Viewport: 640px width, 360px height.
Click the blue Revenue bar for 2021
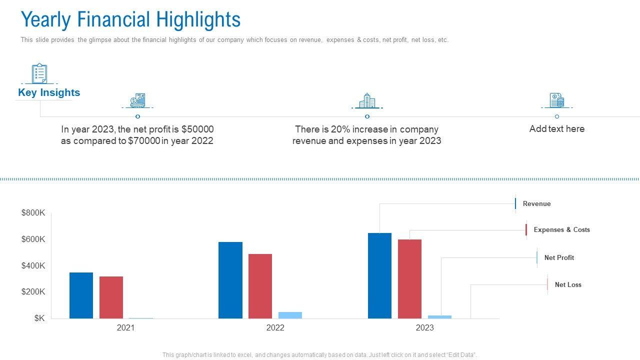81,295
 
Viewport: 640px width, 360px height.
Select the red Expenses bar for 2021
111,297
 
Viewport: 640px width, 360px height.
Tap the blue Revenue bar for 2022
230,280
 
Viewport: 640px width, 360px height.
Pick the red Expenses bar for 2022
260,286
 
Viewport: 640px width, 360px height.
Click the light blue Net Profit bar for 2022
290,315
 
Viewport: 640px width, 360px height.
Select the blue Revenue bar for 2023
379,275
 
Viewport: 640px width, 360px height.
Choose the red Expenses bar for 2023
409,278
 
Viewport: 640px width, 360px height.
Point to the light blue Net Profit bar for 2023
439,317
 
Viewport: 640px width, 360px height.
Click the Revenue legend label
536,203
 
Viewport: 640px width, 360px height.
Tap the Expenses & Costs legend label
561,229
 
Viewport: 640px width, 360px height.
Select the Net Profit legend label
559,257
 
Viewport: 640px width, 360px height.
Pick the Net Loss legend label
568,284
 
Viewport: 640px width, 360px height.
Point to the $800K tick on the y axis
33,213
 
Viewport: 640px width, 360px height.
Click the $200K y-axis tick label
33,291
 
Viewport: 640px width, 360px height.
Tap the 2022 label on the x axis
275,328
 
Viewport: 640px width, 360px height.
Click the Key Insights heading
49,92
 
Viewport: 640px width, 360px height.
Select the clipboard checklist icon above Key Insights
39,73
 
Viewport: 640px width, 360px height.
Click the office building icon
367,100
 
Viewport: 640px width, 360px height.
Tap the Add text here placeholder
556,128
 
